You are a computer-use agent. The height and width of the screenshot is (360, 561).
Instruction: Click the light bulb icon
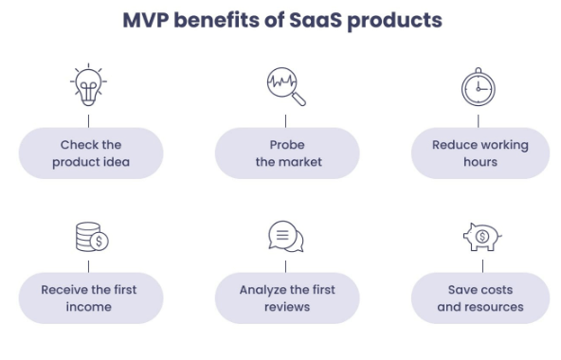(89, 86)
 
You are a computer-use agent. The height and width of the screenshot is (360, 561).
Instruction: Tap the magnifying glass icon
(284, 87)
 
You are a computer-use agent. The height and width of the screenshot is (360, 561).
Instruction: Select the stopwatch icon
(479, 88)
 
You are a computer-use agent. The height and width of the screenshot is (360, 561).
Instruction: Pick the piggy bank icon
(480, 236)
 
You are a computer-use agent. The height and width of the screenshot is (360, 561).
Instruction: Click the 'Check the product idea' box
(91, 153)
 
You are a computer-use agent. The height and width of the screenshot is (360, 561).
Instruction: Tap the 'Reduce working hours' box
(480, 153)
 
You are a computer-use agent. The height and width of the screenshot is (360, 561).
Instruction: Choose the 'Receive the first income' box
(91, 298)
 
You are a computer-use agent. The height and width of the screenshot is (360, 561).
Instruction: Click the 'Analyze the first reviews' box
(287, 298)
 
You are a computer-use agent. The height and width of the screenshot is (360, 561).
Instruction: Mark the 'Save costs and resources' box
(480, 298)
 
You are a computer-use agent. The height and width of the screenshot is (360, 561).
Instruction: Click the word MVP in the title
(150, 20)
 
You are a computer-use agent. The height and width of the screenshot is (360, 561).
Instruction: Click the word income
(91, 307)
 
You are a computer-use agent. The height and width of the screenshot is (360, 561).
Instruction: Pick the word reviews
(287, 307)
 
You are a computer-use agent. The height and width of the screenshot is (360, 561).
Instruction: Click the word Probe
(287, 145)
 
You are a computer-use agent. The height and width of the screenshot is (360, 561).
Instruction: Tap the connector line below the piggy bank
(480, 263)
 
